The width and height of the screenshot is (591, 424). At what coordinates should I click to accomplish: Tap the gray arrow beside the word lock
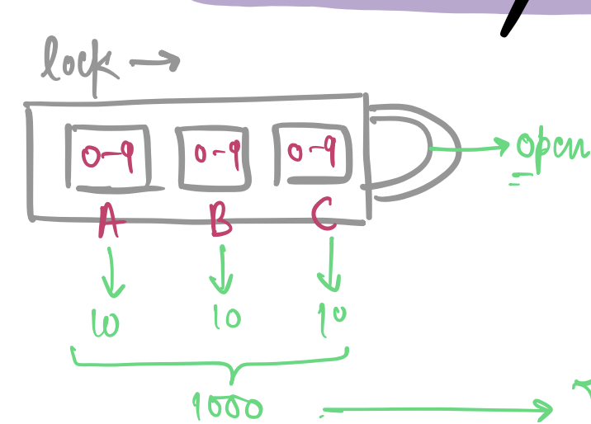(x=155, y=60)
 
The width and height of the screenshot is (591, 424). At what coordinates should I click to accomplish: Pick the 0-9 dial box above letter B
(x=214, y=156)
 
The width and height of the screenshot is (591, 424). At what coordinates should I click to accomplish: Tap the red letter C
(x=324, y=216)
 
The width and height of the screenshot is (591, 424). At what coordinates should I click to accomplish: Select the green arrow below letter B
(x=220, y=270)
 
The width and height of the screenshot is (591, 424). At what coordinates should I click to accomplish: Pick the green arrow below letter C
(x=330, y=266)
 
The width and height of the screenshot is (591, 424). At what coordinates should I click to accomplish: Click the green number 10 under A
(x=106, y=323)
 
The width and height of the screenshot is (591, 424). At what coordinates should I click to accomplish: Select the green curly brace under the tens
(x=210, y=363)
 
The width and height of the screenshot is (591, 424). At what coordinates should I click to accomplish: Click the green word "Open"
(x=551, y=150)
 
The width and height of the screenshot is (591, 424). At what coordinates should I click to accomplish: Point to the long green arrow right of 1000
(x=437, y=408)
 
